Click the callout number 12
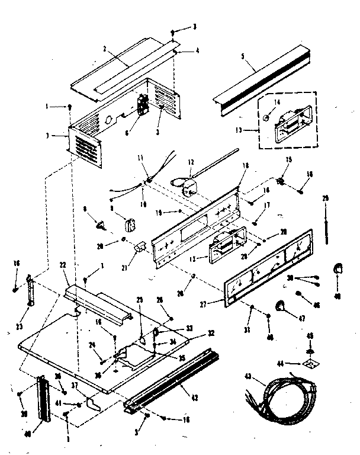click(x=191, y=162)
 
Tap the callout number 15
click(x=289, y=160)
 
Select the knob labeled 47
click(x=280, y=306)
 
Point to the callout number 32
click(x=194, y=333)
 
